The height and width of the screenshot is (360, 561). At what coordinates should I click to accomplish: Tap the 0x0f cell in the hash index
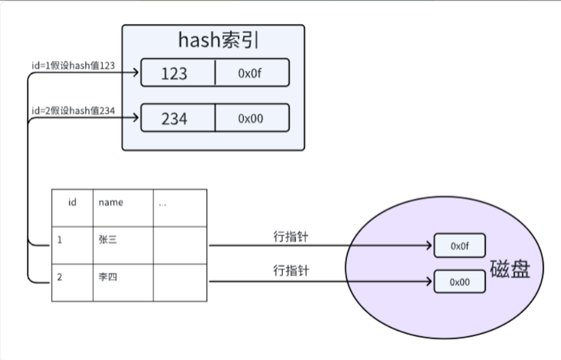pos(251,73)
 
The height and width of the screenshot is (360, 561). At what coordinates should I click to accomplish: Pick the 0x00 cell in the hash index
pos(251,119)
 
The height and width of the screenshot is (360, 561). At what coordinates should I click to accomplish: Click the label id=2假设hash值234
pos(73,111)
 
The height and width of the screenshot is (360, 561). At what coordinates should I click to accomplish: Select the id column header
pos(72,202)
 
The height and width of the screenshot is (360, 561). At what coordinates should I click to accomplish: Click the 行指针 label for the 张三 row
pos(290,237)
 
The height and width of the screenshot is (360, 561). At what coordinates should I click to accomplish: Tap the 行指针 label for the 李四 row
pos(290,271)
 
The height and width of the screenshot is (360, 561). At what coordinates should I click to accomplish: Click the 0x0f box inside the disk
pos(459,246)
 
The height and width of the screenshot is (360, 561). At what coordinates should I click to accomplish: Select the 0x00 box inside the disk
pos(459,282)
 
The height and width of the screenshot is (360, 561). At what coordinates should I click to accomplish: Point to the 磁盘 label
pos(509,270)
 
